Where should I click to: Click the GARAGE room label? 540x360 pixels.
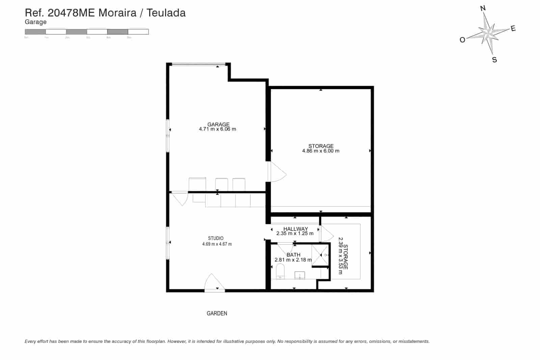[x=218, y=124]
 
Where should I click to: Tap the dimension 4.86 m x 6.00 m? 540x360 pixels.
[x=321, y=151]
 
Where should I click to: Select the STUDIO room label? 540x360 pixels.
[x=216, y=238]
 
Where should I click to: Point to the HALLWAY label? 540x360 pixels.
[x=295, y=229]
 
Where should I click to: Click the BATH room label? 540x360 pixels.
[x=293, y=255]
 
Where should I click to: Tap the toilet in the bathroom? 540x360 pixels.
[x=280, y=271]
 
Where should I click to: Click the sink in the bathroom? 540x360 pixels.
[x=300, y=275]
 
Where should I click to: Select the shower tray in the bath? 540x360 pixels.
[x=320, y=255]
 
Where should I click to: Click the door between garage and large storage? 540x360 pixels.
[x=276, y=172]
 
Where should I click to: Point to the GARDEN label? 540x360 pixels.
[x=217, y=313]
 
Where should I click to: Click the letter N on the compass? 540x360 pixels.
[x=483, y=8]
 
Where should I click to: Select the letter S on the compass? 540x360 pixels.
[x=494, y=60]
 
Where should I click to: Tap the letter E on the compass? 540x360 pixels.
[x=513, y=29]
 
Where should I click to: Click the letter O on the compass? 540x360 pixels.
[x=462, y=40]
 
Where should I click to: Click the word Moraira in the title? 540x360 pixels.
[x=117, y=13]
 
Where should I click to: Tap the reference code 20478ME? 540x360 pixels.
[x=72, y=13]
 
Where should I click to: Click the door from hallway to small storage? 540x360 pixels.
[x=326, y=233]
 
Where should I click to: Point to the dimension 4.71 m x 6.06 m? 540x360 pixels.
[x=217, y=129]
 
